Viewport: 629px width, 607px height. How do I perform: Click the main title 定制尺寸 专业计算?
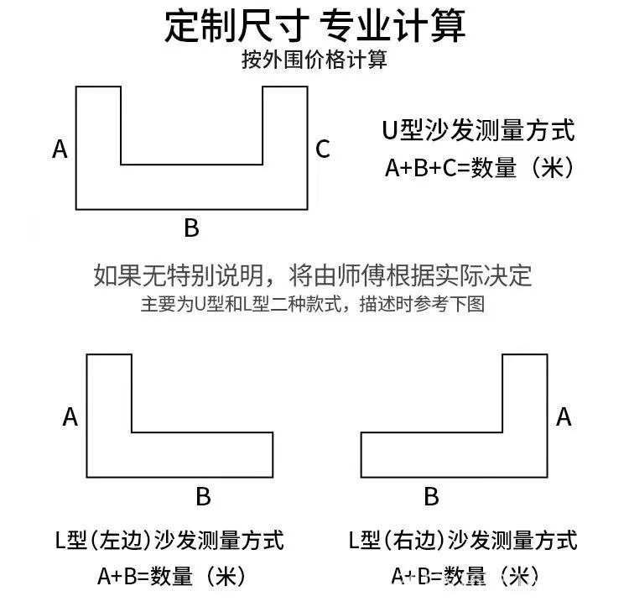click(314, 26)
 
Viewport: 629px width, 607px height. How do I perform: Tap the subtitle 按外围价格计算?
click(314, 60)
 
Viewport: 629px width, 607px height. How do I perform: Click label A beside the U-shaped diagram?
click(60, 149)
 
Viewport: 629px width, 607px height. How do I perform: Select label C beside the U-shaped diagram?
click(323, 149)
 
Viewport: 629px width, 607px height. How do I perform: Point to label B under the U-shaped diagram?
click(191, 228)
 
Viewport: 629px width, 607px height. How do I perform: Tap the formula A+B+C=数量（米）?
click(479, 168)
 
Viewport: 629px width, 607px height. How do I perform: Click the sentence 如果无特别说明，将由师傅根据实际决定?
click(313, 275)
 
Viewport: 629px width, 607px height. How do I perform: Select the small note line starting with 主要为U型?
click(313, 305)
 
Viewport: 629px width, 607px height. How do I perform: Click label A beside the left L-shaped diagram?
click(70, 417)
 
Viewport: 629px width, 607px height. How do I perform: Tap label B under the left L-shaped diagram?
click(203, 497)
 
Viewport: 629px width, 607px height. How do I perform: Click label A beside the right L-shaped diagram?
click(564, 417)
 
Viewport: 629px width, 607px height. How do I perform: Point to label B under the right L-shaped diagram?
click(431, 497)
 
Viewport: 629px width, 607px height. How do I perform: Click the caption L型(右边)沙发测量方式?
click(463, 540)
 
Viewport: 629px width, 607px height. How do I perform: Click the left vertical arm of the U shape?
click(98, 134)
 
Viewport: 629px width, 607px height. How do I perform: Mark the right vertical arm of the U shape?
click(285, 134)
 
